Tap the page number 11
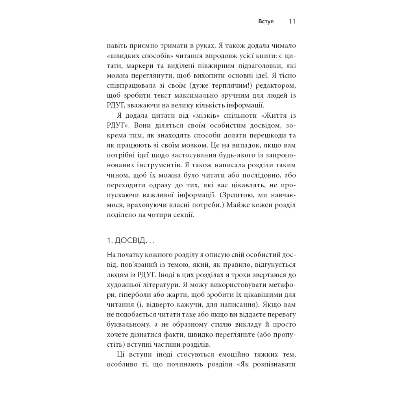[x=292, y=21]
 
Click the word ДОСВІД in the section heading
[x=128, y=240]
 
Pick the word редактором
[x=276, y=85]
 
